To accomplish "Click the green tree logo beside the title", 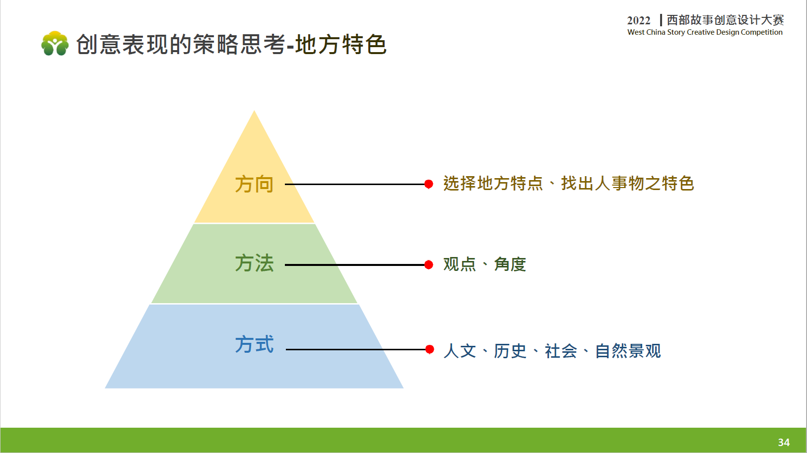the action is click(x=55, y=44).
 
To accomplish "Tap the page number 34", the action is click(x=784, y=442).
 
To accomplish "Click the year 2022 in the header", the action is click(x=639, y=20).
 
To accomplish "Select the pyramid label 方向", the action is click(x=254, y=185).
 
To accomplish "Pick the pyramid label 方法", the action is click(x=254, y=263).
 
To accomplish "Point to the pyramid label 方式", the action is click(x=254, y=344).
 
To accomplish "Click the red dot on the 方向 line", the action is click(x=429, y=185).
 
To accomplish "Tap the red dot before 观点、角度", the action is click(x=429, y=265).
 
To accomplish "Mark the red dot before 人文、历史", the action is click(x=429, y=349).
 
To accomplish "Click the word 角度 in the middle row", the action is click(x=510, y=264).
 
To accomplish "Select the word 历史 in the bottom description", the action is click(x=510, y=351).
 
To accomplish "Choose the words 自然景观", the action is click(x=628, y=351).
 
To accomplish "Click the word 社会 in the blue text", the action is click(x=560, y=351).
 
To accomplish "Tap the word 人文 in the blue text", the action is click(x=460, y=351).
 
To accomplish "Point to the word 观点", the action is click(x=460, y=264).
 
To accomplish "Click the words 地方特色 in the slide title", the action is click(x=341, y=44).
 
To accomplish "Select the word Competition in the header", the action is click(x=762, y=32).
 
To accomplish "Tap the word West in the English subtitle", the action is click(x=636, y=32).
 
